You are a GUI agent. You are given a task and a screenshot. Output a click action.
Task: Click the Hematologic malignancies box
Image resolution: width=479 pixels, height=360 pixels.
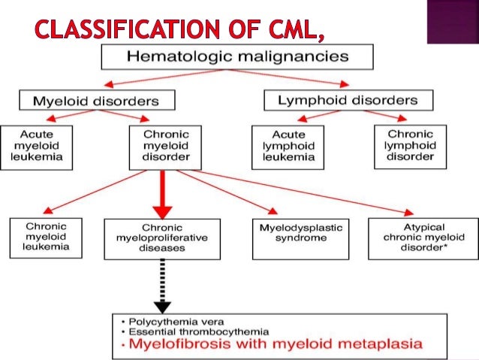[236, 56]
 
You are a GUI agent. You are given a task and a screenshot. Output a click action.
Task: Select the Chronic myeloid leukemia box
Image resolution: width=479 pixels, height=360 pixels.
[46, 236]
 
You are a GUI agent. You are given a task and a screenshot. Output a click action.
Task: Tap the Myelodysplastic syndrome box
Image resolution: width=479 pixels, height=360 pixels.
[289, 232]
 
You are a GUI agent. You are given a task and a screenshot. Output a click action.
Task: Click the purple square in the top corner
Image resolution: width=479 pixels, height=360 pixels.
[451, 21]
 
